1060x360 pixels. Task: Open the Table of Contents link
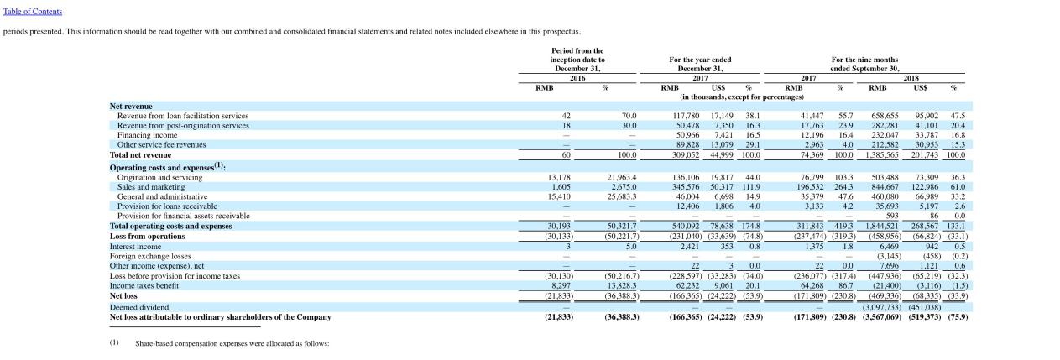pyautogui.click(x=32, y=12)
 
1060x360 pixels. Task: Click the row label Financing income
pyautogui.click(x=147, y=135)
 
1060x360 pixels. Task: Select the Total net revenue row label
pyautogui.click(x=140, y=155)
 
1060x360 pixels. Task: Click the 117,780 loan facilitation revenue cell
pyautogui.click(x=686, y=116)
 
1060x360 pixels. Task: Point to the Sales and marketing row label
pyautogui.click(x=151, y=187)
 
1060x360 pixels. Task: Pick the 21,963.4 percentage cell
pyautogui.click(x=622, y=178)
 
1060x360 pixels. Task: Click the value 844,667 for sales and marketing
pyautogui.click(x=885, y=187)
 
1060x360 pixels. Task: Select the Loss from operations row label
pyautogui.click(x=147, y=237)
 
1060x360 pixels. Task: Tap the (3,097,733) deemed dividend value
pyautogui.click(x=881, y=307)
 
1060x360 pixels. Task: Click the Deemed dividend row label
pyautogui.click(x=139, y=307)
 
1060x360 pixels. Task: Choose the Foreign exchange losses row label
pyautogui.click(x=150, y=257)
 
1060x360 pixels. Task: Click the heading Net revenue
pyautogui.click(x=131, y=107)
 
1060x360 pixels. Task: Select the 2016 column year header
pyautogui.click(x=577, y=78)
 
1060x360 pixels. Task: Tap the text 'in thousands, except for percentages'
pyautogui.click(x=742, y=97)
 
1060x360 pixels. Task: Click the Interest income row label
pyautogui.click(x=135, y=247)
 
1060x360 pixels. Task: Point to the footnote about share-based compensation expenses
pyautogui.click(x=232, y=343)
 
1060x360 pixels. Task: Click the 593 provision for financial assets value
pyautogui.click(x=891, y=217)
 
